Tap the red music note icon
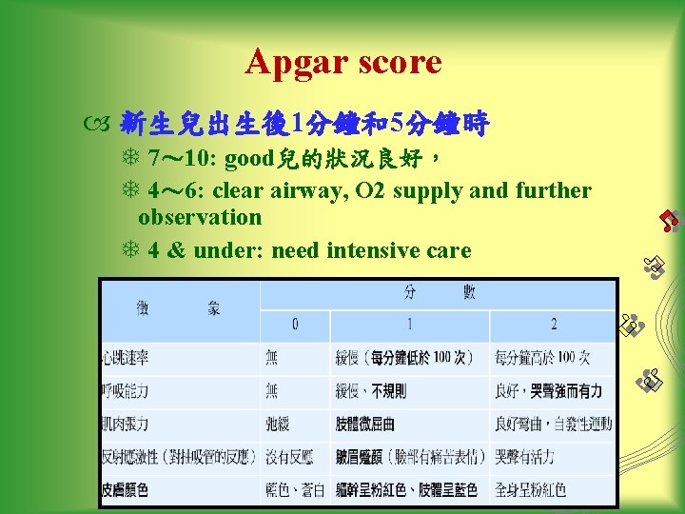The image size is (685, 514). [670, 221]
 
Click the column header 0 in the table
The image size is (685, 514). [295, 325]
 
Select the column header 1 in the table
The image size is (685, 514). [409, 325]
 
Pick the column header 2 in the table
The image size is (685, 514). [552, 325]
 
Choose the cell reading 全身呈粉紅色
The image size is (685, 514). [531, 489]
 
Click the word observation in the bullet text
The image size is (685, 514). [200, 217]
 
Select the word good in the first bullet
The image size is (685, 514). [249, 157]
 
